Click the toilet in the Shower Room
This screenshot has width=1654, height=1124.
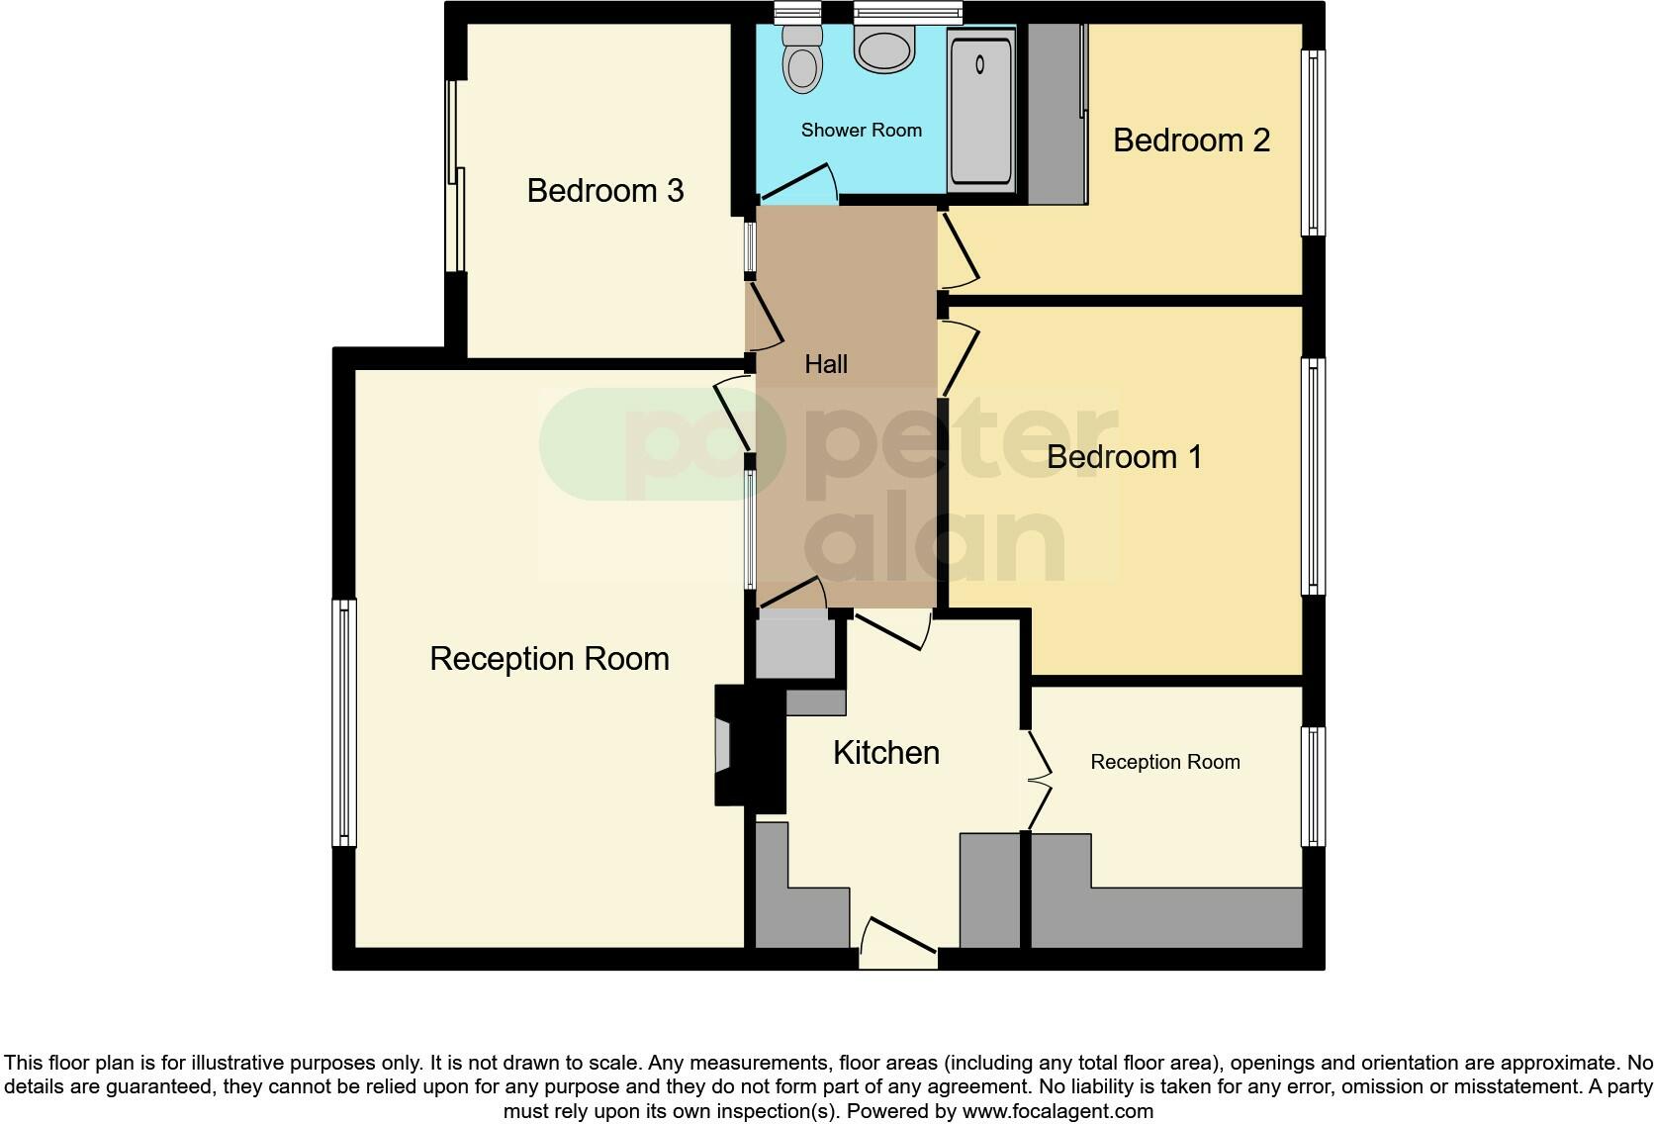801,61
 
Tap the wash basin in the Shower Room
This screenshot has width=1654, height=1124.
884,49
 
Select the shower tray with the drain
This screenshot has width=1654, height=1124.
980,110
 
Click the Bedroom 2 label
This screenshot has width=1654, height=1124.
1191,140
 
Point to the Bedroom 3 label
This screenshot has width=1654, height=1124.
604,190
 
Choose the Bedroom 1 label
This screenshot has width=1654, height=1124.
1124,457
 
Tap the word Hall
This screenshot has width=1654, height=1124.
826,364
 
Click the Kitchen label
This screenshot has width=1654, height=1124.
886,753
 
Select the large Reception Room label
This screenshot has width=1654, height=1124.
549,659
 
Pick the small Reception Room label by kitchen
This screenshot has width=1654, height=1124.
1164,762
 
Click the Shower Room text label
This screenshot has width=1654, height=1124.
861,130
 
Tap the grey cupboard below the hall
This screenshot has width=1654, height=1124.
794,646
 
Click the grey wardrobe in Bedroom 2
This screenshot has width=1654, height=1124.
1057,114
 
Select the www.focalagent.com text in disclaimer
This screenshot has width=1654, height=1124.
1057,1111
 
